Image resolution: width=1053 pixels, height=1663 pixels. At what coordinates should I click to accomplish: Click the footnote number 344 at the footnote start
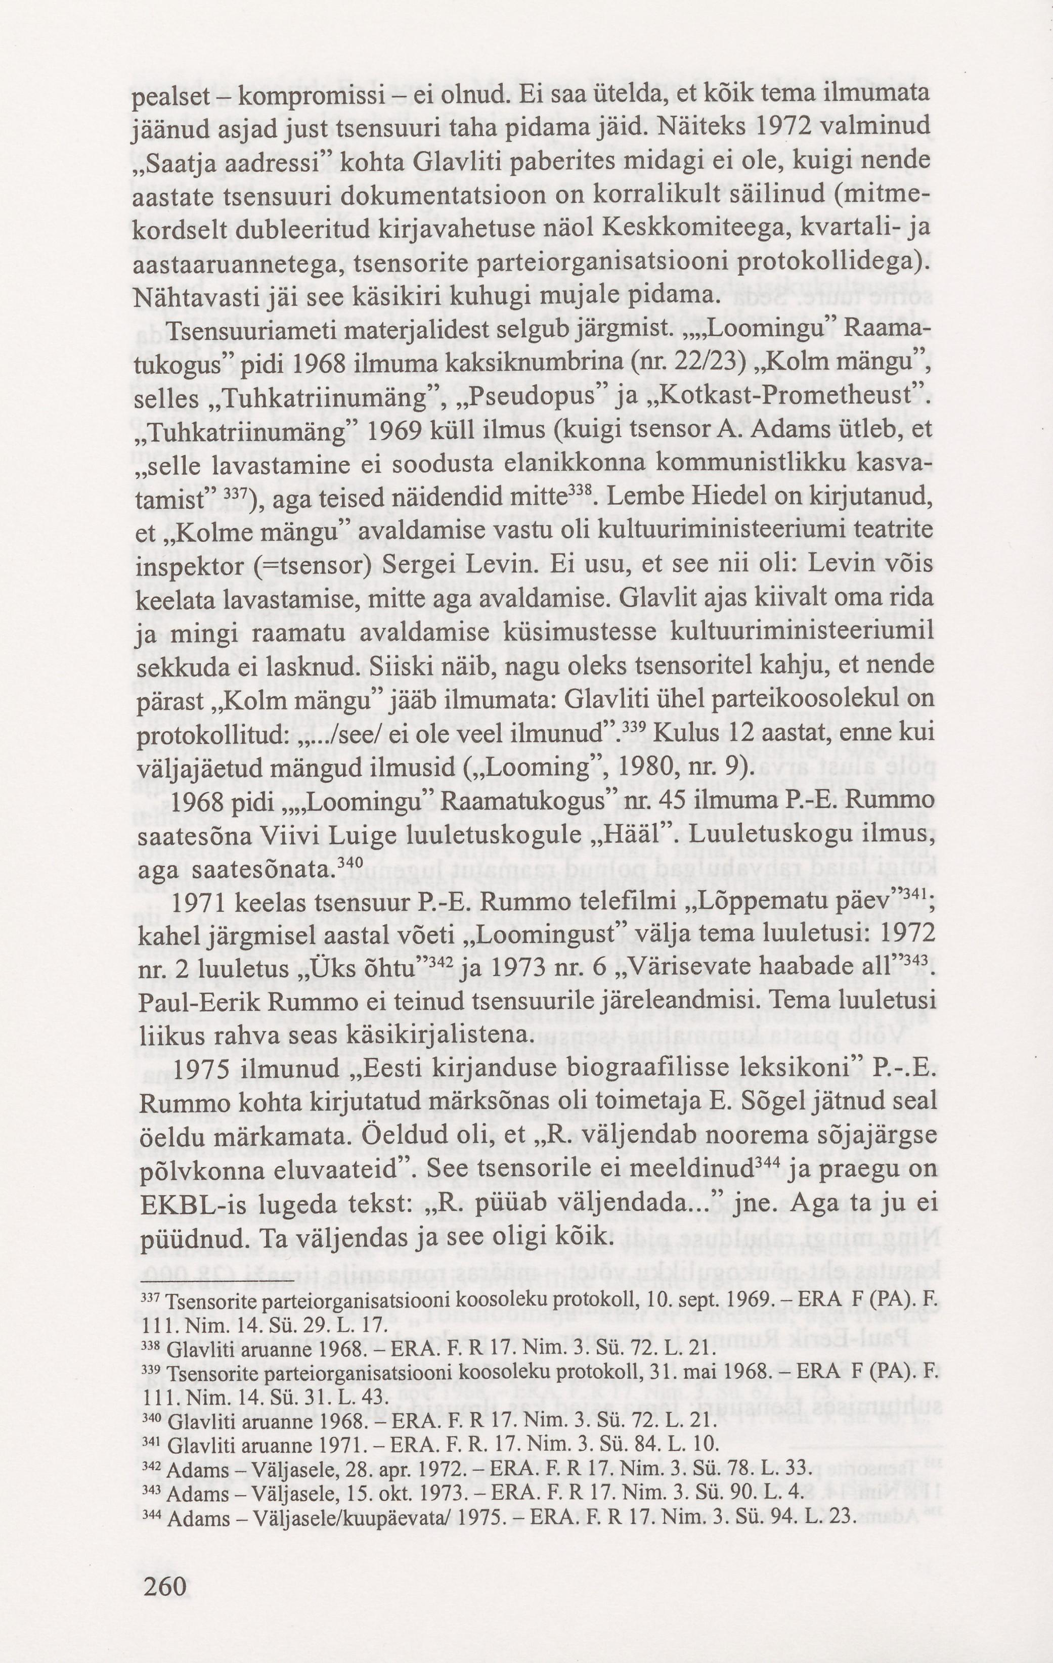tap(151, 1476)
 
